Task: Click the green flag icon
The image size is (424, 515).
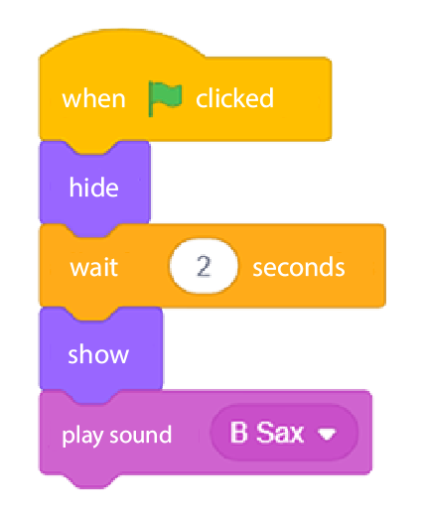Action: tap(165, 98)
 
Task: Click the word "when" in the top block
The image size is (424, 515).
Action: tap(93, 98)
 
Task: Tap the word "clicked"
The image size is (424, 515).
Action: tap(234, 98)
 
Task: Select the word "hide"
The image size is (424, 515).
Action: tap(93, 187)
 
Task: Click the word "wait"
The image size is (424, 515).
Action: tap(94, 267)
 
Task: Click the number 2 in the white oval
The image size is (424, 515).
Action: tap(204, 266)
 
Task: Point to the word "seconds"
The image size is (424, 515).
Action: tap(299, 267)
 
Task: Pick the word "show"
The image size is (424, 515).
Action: tap(98, 354)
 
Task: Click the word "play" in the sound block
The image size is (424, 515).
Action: tap(83, 436)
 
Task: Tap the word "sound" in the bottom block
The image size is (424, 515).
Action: tap(141, 435)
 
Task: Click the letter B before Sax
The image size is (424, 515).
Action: tap(238, 432)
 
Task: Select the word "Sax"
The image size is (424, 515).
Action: tap(280, 432)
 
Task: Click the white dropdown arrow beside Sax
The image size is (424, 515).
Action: tap(327, 434)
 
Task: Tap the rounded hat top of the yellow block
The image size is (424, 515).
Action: tap(122, 43)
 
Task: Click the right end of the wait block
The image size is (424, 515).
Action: tap(384, 266)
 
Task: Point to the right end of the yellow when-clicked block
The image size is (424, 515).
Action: tap(330, 98)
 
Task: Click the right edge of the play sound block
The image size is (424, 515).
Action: tap(370, 433)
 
